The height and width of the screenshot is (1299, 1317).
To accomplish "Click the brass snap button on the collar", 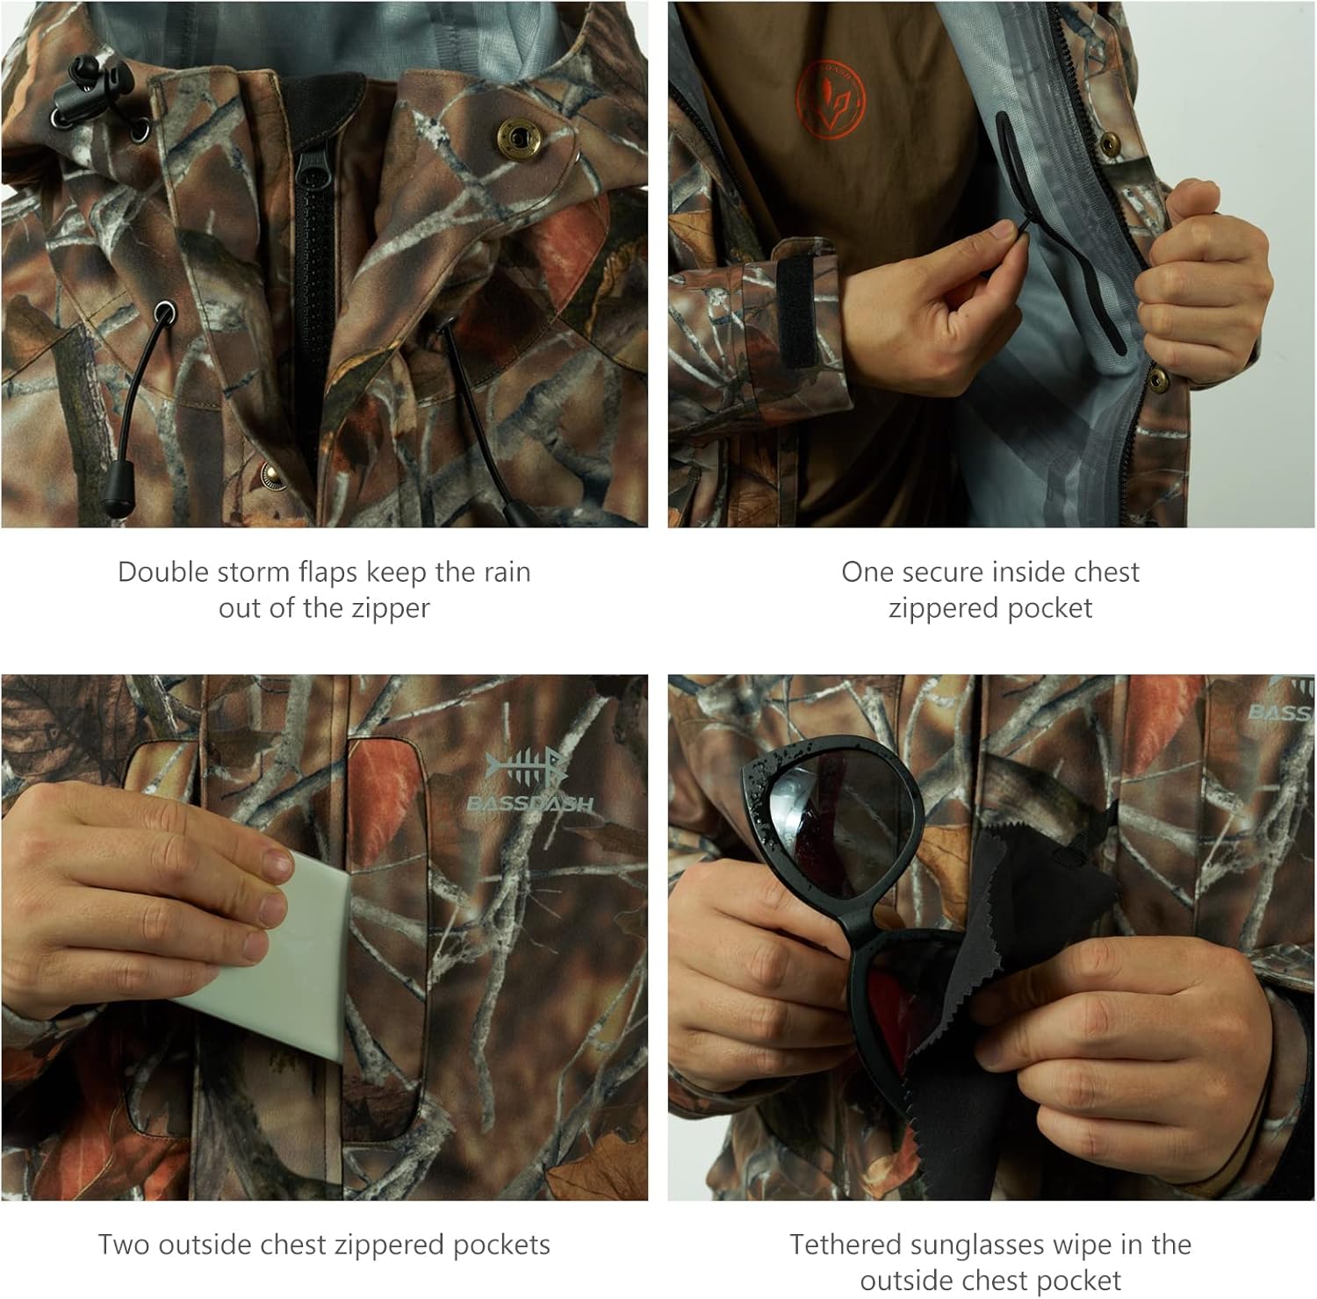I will click(x=516, y=136).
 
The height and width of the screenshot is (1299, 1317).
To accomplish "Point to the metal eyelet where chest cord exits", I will click(x=163, y=311).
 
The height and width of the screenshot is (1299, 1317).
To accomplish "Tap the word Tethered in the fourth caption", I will click(x=846, y=1245).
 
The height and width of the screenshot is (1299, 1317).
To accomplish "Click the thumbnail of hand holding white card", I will click(x=324, y=937).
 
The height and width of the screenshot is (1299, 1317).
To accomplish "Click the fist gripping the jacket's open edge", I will click(x=1203, y=281).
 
